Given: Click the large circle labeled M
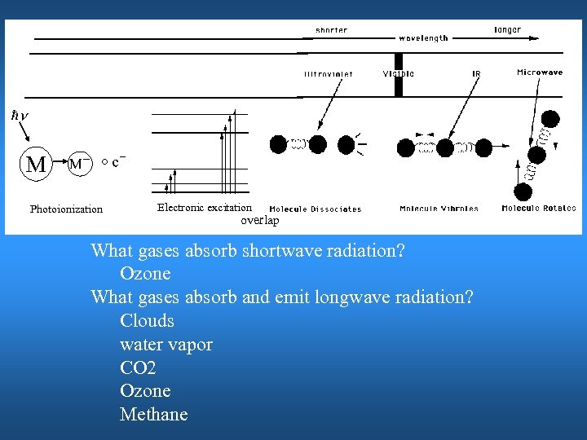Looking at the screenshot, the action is (36, 164).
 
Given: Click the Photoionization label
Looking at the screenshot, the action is (66, 209).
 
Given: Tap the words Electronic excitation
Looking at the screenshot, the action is (205, 208).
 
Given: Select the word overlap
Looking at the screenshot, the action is (259, 220).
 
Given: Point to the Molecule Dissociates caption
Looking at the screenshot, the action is (316, 209).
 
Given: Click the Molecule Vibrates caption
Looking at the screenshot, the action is (439, 209).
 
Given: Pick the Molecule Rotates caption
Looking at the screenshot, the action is (539, 209).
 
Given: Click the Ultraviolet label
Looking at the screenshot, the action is (329, 73).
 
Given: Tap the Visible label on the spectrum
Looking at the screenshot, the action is (399, 73).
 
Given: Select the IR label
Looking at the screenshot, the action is (476, 73).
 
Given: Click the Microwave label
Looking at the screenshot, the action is (540, 73).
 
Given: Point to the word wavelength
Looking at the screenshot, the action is (423, 38).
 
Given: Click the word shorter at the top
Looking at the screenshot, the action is (331, 30).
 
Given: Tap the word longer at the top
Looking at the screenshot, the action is (508, 29).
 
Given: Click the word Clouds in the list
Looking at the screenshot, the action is (147, 320).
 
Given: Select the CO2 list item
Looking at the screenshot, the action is (138, 367).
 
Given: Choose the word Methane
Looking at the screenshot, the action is (153, 415).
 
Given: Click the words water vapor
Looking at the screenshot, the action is (166, 344).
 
